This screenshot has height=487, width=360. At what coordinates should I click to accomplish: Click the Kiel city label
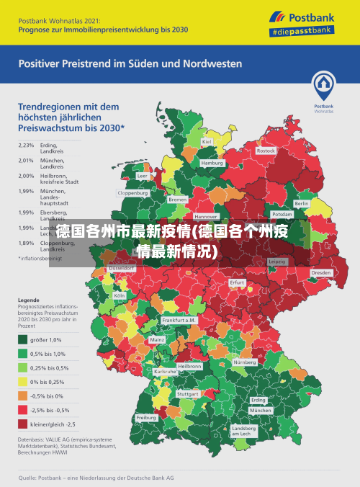207,142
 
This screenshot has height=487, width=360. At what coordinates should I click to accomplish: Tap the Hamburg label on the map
212,164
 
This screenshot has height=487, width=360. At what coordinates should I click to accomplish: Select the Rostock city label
266,151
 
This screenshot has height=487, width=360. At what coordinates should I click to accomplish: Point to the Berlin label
302,204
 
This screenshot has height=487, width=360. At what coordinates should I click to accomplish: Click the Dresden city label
321,273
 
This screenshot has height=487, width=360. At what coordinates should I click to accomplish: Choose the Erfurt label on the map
238,282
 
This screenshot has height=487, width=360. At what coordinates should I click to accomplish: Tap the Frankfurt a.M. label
179,320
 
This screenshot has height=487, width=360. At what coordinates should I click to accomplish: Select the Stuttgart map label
188,394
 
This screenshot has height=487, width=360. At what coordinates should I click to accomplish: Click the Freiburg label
146,418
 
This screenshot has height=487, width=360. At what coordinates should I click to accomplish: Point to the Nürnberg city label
245,362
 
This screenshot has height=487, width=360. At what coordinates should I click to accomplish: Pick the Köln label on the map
120,295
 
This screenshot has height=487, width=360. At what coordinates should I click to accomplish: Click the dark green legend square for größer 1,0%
24,340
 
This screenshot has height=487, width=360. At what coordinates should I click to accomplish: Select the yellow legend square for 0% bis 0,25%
24,382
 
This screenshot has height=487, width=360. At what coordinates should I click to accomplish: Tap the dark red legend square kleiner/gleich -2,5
24,424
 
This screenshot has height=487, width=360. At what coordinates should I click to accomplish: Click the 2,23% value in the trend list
26,145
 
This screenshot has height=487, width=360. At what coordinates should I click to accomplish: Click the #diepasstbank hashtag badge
301,32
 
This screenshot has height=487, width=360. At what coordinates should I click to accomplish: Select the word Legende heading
29,299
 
